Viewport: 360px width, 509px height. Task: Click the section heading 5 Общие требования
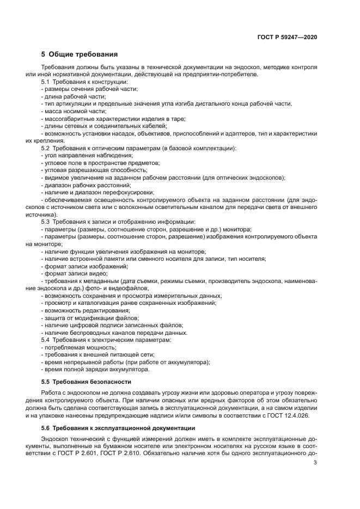[x=79, y=54]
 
